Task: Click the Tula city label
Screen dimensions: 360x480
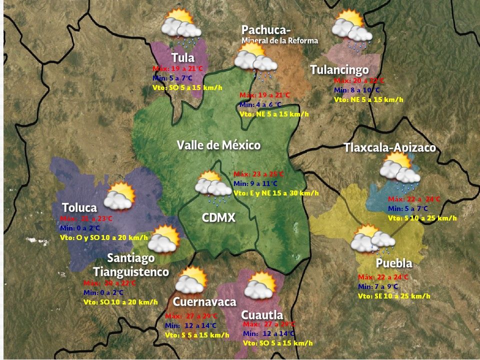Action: (182, 57)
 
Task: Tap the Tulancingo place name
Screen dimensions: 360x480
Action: (339, 69)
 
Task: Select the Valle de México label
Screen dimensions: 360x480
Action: (218, 145)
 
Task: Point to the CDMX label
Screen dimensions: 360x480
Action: (218, 218)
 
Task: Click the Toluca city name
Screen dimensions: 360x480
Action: (79, 207)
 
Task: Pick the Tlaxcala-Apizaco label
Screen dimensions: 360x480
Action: (389, 148)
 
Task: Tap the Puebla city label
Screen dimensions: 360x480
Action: (394, 263)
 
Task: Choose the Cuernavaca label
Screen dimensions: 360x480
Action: (204, 302)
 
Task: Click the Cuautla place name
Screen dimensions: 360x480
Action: (262, 315)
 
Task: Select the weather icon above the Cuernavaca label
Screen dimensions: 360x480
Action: (189, 281)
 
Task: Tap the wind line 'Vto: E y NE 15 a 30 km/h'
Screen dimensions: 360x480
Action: (276, 193)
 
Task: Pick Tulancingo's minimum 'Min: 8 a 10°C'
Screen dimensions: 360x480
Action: (357, 90)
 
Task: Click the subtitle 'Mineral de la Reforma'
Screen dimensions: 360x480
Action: (279, 40)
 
